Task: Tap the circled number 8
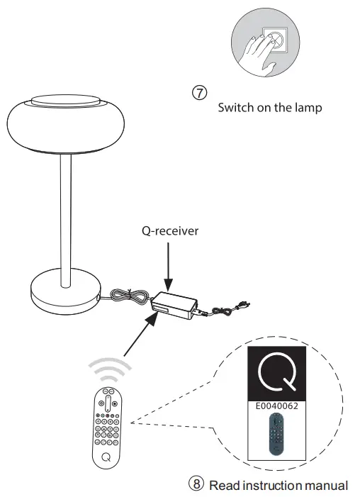pos(197,484)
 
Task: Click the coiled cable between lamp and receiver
pos(128,297)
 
